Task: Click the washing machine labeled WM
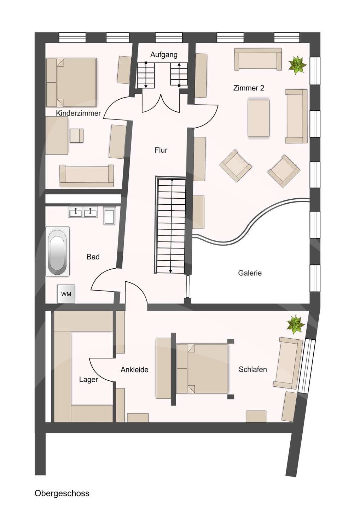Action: (x=66, y=294)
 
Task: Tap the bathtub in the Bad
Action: (x=58, y=251)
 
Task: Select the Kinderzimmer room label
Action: (x=79, y=113)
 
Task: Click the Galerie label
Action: (x=250, y=273)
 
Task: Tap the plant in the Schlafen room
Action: (x=295, y=325)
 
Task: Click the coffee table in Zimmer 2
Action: (x=259, y=118)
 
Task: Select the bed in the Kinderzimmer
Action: (x=71, y=83)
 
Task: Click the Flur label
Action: (x=161, y=150)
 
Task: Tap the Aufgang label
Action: (x=164, y=55)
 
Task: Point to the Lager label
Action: (x=88, y=380)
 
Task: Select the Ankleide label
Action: (x=134, y=370)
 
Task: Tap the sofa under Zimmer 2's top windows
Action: (x=258, y=59)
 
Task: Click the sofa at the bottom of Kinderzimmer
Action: (x=86, y=176)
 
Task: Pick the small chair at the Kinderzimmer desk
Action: (x=77, y=136)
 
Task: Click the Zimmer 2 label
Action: (x=249, y=88)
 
